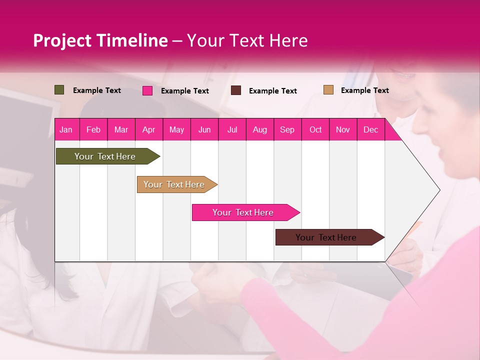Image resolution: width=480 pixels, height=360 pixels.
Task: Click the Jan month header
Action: tap(66, 129)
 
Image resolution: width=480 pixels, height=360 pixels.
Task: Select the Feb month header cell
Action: tap(93, 129)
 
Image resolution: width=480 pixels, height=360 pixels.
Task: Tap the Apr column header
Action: tap(149, 129)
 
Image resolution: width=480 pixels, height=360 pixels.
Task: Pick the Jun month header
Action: tap(204, 129)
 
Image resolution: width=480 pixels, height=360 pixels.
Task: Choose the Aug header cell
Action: tap(260, 129)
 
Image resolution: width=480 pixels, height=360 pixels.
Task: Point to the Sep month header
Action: tap(287, 129)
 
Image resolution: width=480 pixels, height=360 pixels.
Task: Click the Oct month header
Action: tap(315, 129)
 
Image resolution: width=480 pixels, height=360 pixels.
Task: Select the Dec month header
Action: tap(371, 129)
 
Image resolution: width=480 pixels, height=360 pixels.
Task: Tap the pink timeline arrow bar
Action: tap(244, 212)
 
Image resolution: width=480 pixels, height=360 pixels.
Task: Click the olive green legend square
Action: tap(59, 90)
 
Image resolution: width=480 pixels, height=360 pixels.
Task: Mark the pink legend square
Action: tap(147, 90)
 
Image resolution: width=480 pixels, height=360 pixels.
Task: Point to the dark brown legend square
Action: tap(236, 90)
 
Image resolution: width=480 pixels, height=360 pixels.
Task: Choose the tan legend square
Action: tap(328, 90)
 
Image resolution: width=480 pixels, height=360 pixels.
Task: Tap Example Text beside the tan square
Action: tap(365, 90)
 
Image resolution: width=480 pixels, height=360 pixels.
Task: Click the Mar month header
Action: tap(121, 129)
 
